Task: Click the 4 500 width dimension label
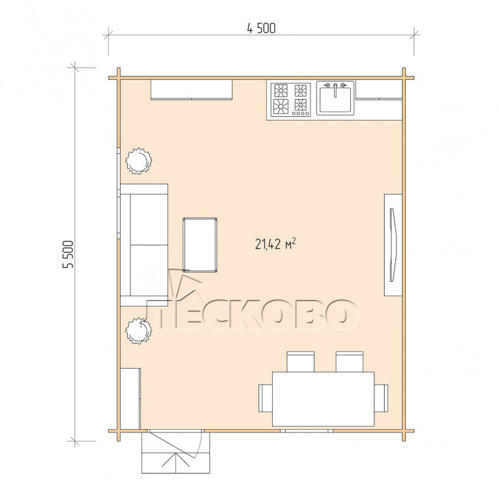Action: tap(262, 28)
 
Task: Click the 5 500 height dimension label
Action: tap(68, 254)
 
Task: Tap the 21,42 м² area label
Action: tap(275, 244)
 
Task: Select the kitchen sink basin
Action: tap(335, 100)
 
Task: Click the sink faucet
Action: tap(335, 90)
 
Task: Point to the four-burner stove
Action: tap(290, 100)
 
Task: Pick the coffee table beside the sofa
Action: tap(200, 245)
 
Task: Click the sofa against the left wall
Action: tap(144, 245)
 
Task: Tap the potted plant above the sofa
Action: tap(138, 161)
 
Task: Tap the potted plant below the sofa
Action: tap(138, 331)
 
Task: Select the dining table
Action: tap(323, 399)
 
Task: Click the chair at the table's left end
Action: tap(265, 398)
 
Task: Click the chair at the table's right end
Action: tap(381, 398)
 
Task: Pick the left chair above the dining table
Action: tap(301, 361)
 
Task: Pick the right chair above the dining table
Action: tap(350, 361)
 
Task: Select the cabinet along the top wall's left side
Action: tap(192, 90)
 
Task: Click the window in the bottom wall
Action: tap(307, 431)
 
